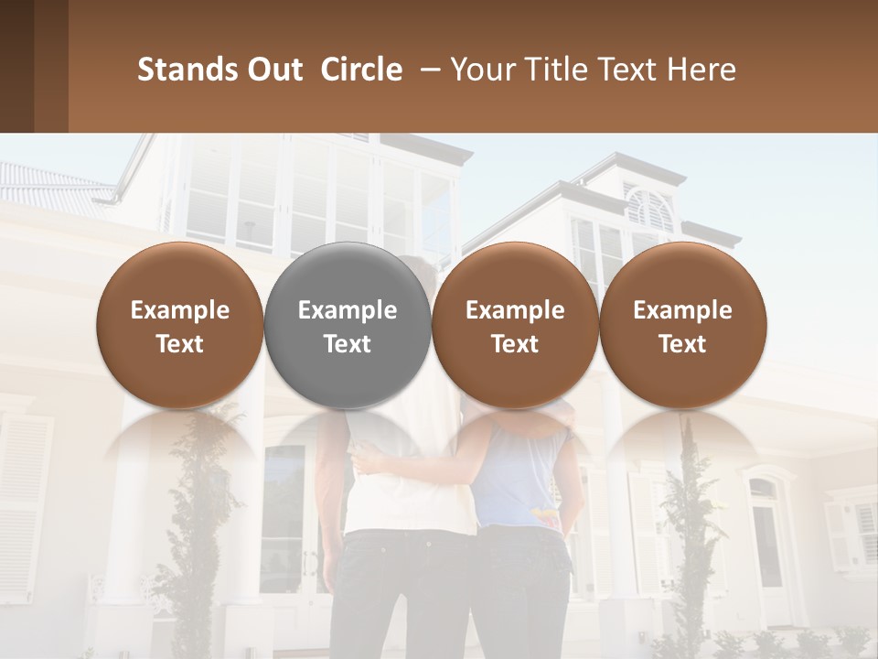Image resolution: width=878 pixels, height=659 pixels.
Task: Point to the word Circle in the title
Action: pyautogui.click(x=361, y=70)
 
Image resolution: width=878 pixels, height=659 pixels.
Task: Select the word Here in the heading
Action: pyautogui.click(x=701, y=70)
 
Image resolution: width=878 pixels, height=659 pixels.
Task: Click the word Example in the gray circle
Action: pyautogui.click(x=348, y=310)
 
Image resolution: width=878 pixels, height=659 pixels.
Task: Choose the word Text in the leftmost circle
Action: pyautogui.click(x=180, y=344)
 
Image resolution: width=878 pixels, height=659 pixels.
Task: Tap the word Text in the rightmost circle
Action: pyautogui.click(x=682, y=344)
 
